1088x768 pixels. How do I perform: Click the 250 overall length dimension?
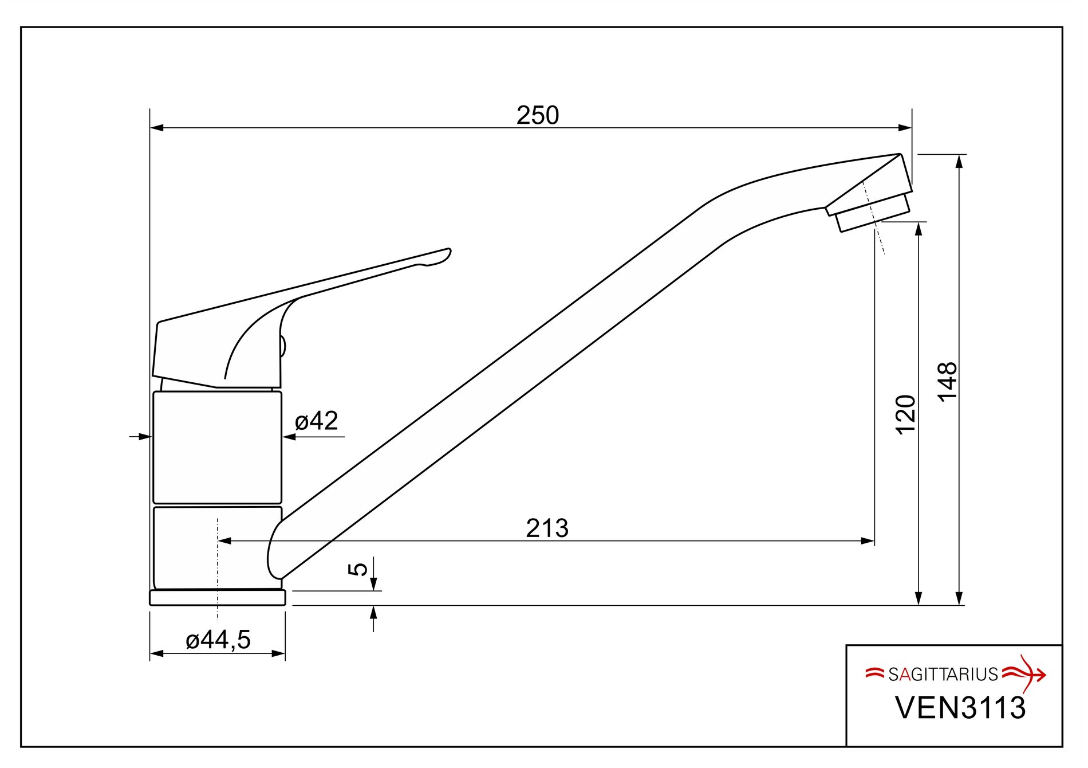coord(537,116)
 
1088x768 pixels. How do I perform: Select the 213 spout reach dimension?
coord(547,528)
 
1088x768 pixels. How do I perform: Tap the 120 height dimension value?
coord(906,414)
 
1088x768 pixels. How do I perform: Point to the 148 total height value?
coord(948,382)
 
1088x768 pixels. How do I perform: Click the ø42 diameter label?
coord(316,421)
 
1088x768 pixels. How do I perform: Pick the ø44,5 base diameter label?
coord(218,640)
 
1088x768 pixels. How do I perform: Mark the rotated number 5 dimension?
coord(358,569)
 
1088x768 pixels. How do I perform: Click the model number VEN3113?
coord(960,708)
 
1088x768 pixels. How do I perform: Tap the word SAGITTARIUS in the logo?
coord(943,675)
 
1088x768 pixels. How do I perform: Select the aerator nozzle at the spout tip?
coord(872,213)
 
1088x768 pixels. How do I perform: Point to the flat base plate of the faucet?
coord(218,598)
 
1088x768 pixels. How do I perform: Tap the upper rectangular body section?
coord(218,447)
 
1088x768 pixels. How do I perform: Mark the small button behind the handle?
coord(283,346)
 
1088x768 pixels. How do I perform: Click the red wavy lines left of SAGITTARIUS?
coord(875,673)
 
